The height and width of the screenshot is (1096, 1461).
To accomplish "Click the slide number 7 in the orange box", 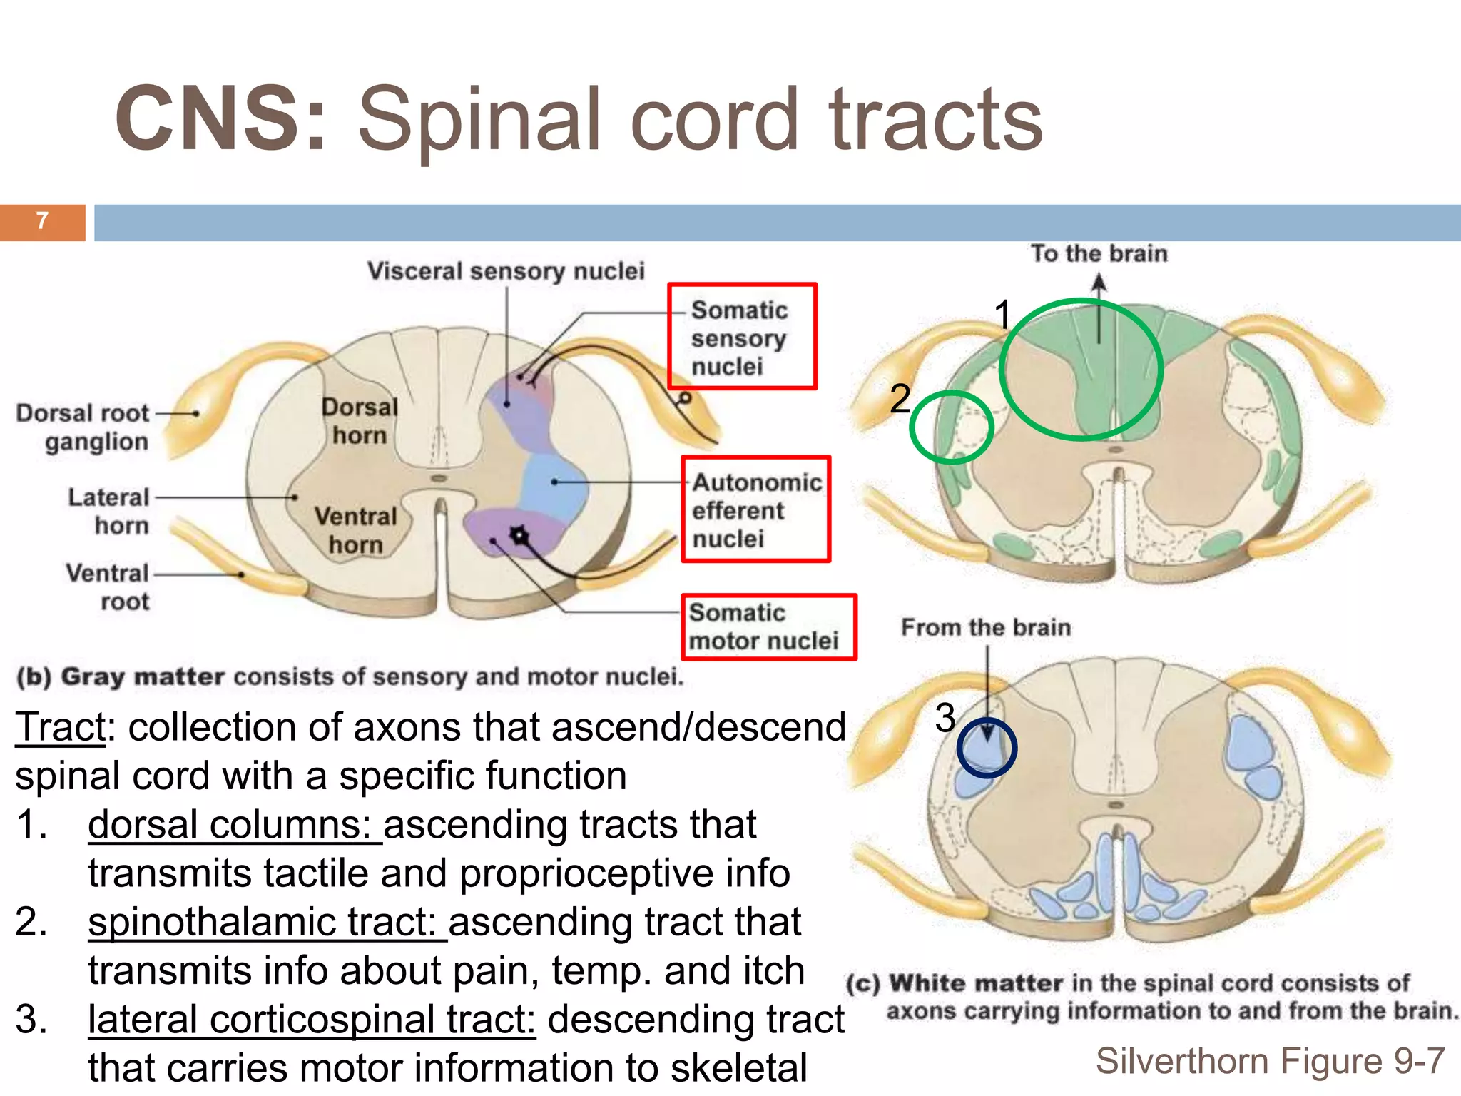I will pos(42,222).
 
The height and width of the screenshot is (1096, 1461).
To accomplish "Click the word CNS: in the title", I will pos(221,119).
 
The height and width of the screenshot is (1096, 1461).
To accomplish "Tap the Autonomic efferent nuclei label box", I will pos(755,509).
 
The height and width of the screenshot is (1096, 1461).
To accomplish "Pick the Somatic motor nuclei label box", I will pos(768,627).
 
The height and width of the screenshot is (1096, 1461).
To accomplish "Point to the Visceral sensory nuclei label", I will pos(506,272).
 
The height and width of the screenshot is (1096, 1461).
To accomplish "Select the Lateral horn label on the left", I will pos(109,511).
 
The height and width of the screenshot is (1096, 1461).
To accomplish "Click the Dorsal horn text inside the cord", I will pos(359,421).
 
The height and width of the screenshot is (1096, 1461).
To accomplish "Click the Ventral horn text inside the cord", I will pos(355,530).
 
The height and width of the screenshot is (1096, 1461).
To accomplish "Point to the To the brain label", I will pos(1099,254).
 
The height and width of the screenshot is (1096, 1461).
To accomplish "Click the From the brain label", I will pos(986,628).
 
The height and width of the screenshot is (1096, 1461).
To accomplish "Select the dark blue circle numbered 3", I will pos(987,748).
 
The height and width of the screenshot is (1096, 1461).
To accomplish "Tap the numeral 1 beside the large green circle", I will pos(1003,315).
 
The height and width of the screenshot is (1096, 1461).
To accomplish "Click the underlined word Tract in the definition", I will pos(61,728).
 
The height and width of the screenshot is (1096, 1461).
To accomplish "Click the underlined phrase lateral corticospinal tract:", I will pos(312,1020).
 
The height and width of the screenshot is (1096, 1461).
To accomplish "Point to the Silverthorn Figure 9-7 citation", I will pos(1270,1061).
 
